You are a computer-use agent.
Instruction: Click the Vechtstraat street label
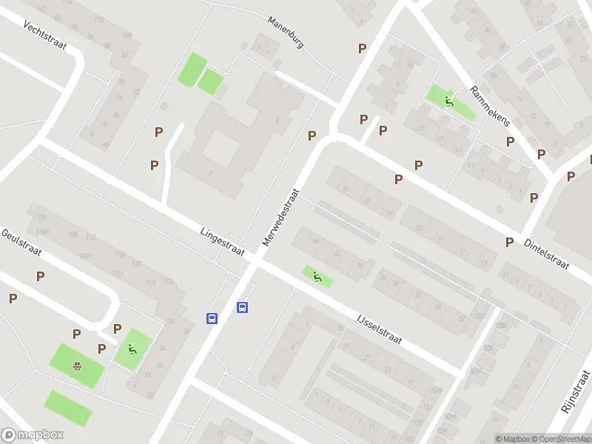point(45,36)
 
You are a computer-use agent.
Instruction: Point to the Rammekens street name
point(490,106)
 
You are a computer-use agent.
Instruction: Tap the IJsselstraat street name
point(378,328)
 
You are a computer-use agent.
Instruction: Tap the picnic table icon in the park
point(77,365)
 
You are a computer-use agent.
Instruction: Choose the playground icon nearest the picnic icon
point(132,349)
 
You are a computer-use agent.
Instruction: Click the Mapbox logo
point(33,435)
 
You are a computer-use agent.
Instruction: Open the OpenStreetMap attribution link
point(561,439)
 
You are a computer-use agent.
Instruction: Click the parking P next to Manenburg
point(362,49)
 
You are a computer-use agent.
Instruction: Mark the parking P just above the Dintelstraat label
point(509,242)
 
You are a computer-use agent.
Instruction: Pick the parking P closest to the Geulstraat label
point(40,276)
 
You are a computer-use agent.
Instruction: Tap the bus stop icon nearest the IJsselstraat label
point(242,308)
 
